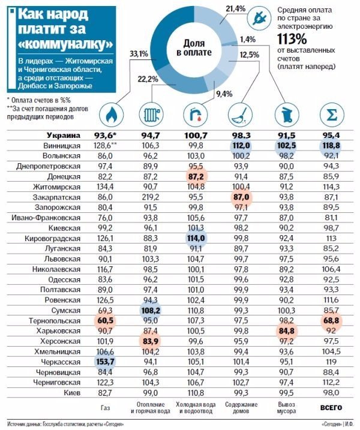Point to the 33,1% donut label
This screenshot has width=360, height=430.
pos(139,53)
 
